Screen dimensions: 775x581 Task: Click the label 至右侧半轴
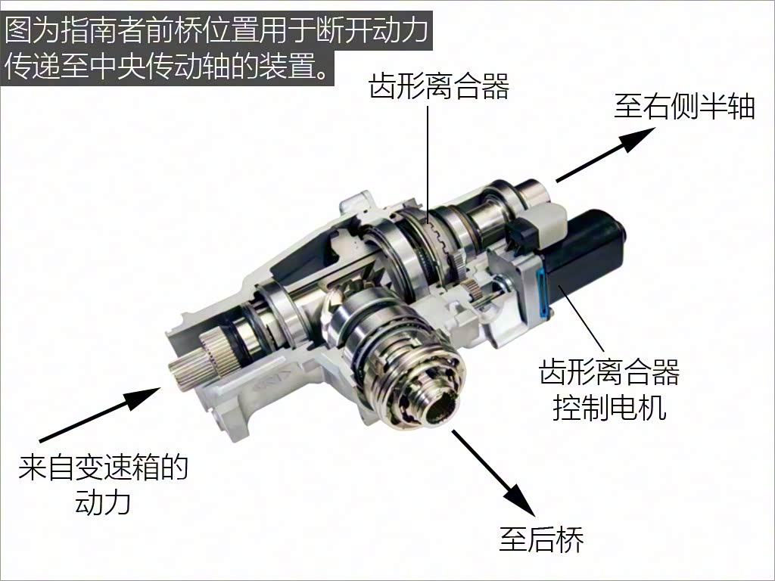tap(684, 106)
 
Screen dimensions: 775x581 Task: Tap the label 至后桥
tap(541, 539)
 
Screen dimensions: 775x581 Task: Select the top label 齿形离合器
tap(439, 86)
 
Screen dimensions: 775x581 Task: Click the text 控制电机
tap(609, 408)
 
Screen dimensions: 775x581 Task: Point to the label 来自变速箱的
tap(103, 467)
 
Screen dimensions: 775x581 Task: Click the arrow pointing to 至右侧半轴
tap(606, 154)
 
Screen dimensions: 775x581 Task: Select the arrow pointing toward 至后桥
tap(493, 473)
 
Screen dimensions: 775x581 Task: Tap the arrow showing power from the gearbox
tap(100, 415)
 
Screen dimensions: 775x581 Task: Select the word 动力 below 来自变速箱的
tap(103, 502)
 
